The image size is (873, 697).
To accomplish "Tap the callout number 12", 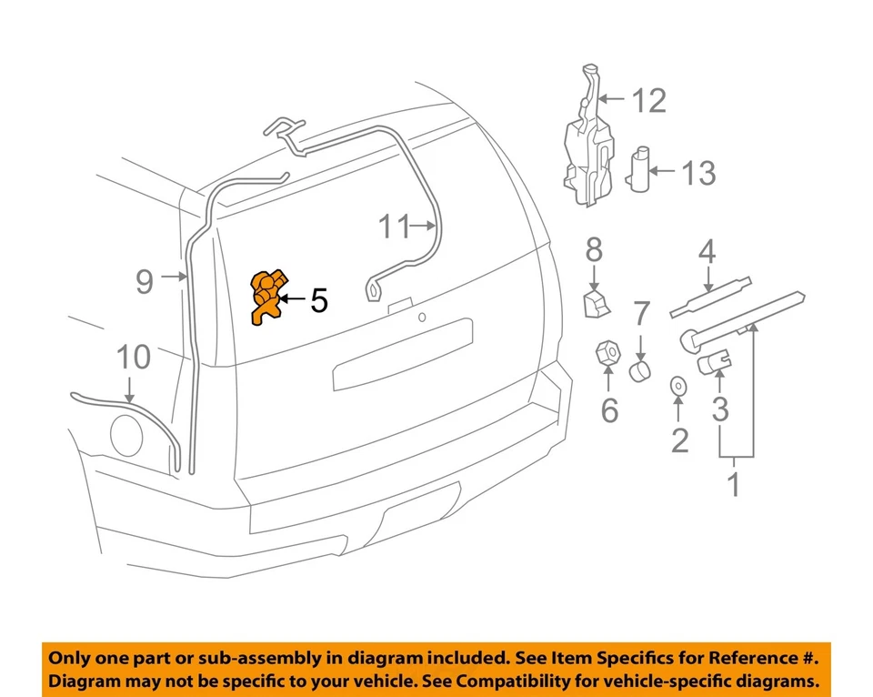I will (x=648, y=100).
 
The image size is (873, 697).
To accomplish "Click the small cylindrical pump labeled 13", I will (x=640, y=169).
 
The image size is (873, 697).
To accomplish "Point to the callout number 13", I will (x=697, y=172).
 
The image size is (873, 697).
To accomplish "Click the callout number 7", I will (x=642, y=315).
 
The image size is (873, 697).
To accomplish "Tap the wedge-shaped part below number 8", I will (x=595, y=302).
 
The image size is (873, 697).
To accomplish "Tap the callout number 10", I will (x=133, y=357).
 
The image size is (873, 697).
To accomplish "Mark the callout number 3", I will (x=719, y=409).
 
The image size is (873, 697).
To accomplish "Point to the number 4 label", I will (x=707, y=252).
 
